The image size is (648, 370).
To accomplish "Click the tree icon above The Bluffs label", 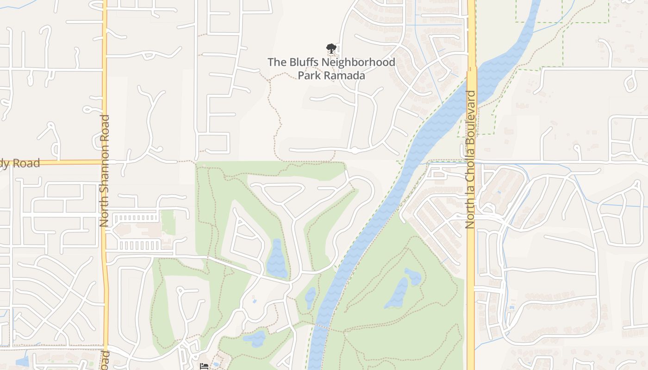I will (x=330, y=48).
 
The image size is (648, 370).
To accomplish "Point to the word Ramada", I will (x=348, y=75).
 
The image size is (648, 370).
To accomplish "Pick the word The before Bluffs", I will (x=278, y=62).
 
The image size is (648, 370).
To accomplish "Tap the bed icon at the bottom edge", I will (x=204, y=366).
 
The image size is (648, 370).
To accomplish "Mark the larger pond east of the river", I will (x=396, y=293).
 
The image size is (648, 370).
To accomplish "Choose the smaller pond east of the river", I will (x=413, y=276).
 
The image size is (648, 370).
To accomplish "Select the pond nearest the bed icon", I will (x=254, y=339).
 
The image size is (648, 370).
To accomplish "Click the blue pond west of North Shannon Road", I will (x=22, y=361).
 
